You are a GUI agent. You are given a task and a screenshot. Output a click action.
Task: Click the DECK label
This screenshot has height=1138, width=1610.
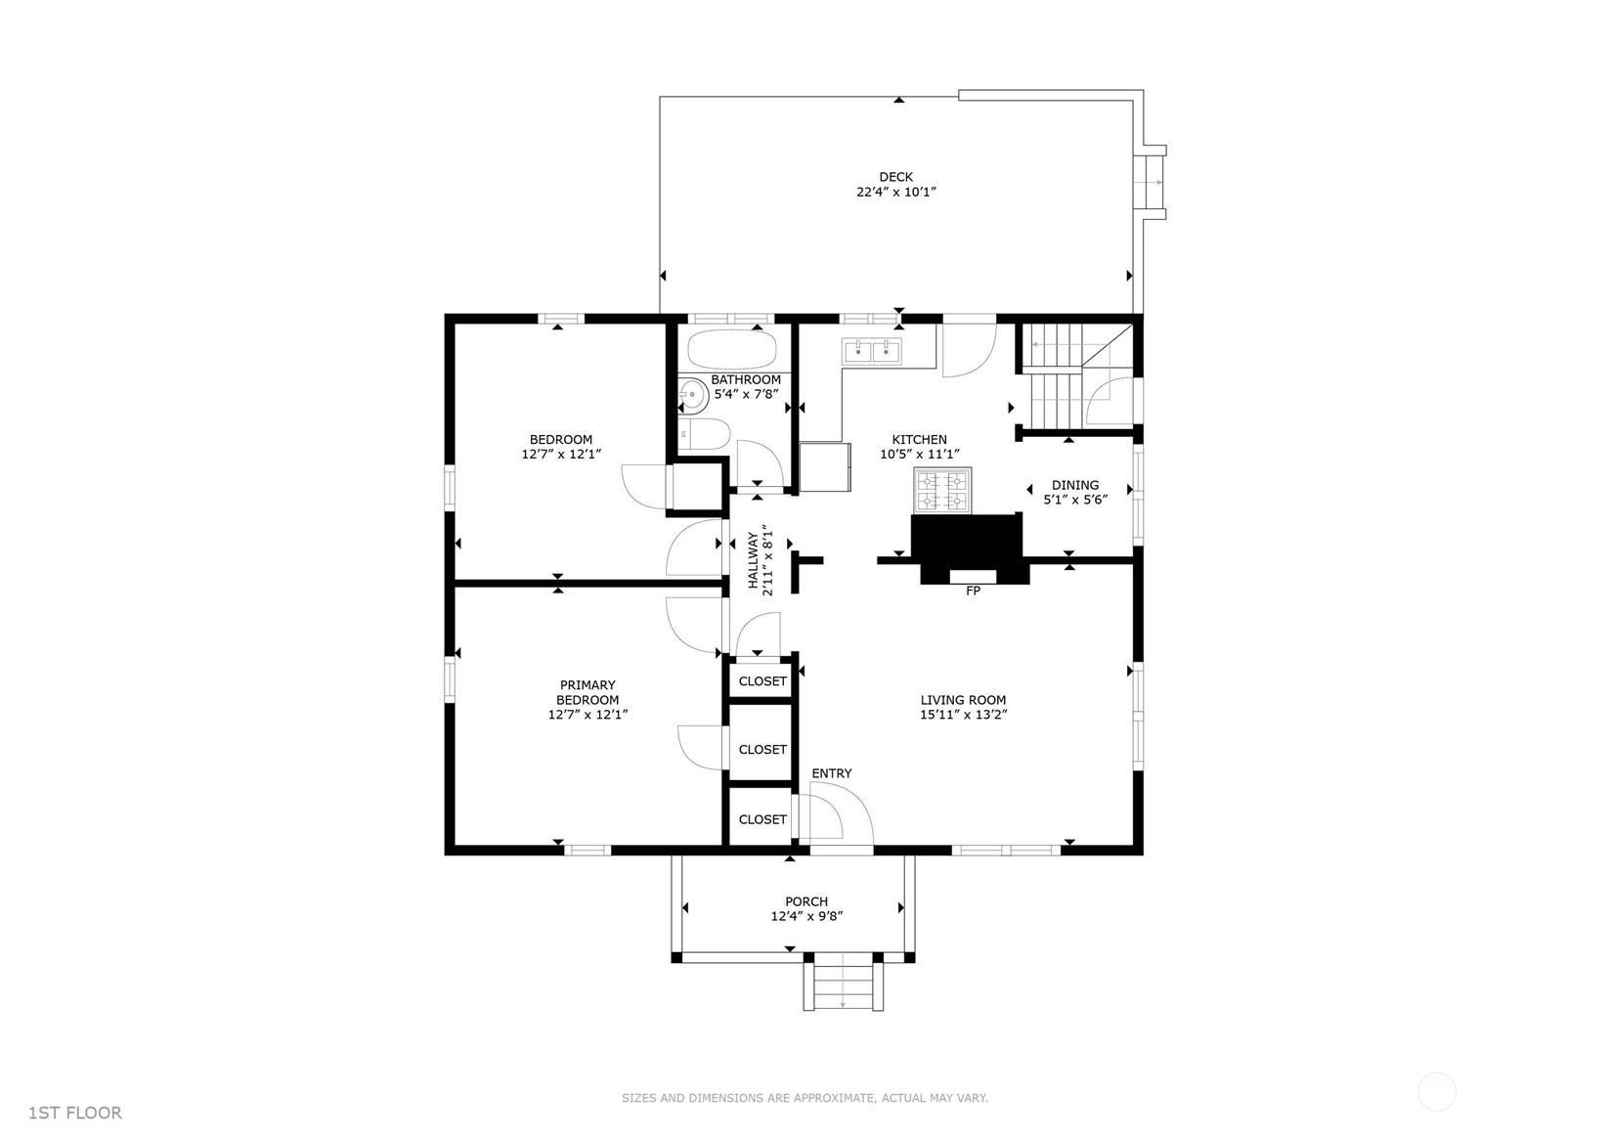point(895,177)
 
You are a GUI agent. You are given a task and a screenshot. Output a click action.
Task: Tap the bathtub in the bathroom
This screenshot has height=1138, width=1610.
point(732,350)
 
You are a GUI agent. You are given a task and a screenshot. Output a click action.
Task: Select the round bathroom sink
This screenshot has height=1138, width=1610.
point(692,395)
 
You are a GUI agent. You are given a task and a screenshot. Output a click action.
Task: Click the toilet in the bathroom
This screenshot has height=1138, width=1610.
point(705,434)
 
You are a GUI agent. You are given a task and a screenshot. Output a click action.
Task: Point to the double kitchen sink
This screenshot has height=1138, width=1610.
point(872,351)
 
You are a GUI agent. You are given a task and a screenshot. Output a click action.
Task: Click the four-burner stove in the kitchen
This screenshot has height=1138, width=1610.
point(942,490)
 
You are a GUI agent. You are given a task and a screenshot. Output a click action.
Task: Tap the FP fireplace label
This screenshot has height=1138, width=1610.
point(973,591)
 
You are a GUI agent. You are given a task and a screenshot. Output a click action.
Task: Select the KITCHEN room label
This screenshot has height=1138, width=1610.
point(919,439)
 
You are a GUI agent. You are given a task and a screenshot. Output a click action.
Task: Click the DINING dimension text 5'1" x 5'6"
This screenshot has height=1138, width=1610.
point(1075,500)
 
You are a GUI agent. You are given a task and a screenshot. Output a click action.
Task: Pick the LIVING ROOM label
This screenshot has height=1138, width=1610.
point(963,699)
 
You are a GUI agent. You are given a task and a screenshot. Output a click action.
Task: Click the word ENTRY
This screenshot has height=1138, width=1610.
point(832,773)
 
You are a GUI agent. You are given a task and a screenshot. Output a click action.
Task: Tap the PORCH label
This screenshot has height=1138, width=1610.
point(806,901)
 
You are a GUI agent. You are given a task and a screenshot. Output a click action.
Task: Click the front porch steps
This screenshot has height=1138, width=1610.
point(843,985)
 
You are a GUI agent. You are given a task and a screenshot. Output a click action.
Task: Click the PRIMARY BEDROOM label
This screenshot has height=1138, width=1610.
point(587,692)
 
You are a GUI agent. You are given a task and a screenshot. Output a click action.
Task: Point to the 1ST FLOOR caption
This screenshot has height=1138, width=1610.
point(74,1113)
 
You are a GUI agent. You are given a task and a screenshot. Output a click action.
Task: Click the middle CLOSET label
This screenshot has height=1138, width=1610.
point(762,749)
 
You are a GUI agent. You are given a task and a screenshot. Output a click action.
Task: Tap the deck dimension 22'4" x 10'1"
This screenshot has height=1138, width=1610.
point(895,192)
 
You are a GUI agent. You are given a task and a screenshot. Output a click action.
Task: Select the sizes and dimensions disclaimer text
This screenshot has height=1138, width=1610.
point(805,1098)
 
